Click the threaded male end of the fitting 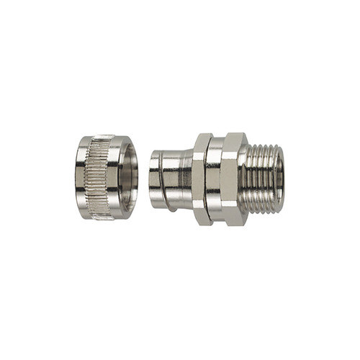pos(264,179)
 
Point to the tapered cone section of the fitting pos(186,179)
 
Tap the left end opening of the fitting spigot pos(153,180)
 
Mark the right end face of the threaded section pos(281,179)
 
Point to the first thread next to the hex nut pos(249,179)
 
